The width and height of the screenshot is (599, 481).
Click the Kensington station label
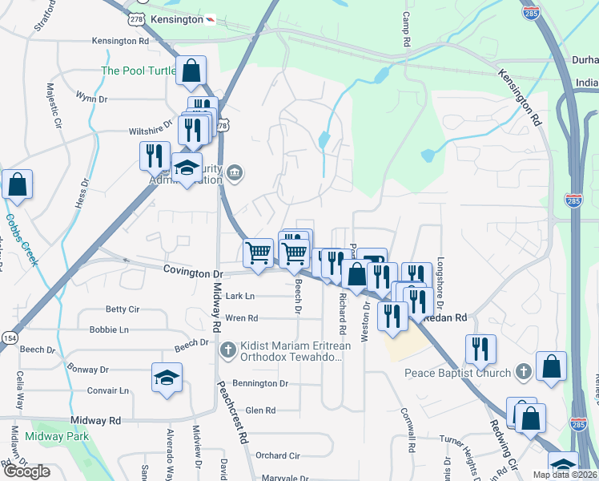pyautogui.click(x=175, y=18)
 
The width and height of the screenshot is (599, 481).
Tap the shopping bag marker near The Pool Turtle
pyautogui.click(x=191, y=71)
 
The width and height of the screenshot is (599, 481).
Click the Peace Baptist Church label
pyautogui.click(x=456, y=373)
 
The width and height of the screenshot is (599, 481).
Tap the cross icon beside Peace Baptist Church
pyautogui.click(x=523, y=372)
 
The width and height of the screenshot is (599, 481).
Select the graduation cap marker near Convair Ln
pyautogui.click(x=167, y=378)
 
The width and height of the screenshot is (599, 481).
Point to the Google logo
pyautogui.click(x=26, y=472)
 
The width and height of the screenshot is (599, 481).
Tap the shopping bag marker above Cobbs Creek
pyautogui.click(x=17, y=185)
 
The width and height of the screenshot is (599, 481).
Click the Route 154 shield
pyautogui.click(x=9, y=338)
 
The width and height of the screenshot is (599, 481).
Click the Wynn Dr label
pyautogui.click(x=90, y=98)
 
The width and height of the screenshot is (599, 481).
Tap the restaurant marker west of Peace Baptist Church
pyautogui.click(x=480, y=350)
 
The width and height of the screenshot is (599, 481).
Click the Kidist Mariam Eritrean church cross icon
pyautogui.click(x=228, y=350)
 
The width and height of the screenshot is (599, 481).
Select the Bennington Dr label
pyautogui.click(x=260, y=383)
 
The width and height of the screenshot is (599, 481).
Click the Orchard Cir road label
pyautogui.click(x=277, y=455)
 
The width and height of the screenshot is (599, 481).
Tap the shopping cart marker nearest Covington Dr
pyautogui.click(x=258, y=253)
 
